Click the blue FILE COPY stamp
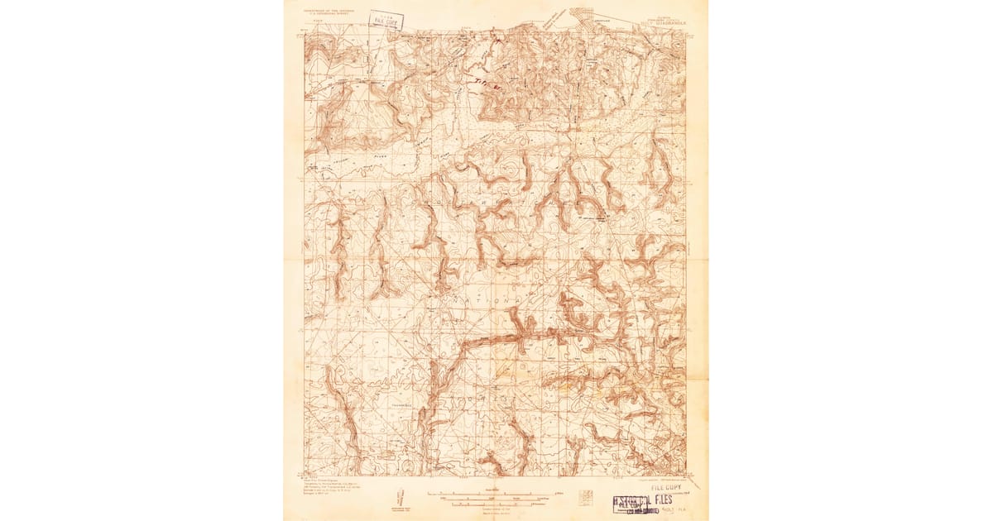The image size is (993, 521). pyautogui.click(x=386, y=20)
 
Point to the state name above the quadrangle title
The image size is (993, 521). pyautogui.click(x=667, y=16)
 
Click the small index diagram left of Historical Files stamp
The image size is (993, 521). pyautogui.click(x=587, y=496)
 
